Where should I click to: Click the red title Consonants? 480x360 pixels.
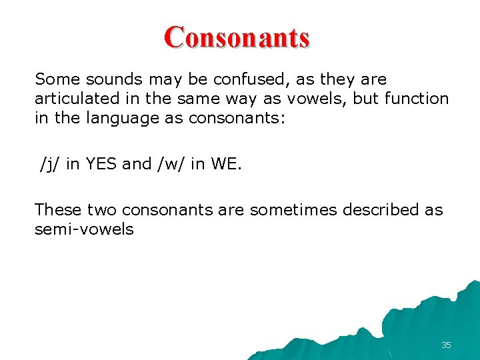(x=237, y=37)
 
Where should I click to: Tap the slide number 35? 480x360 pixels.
(x=446, y=345)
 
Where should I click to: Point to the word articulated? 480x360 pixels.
(x=71, y=99)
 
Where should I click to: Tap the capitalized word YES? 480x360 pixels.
(x=101, y=164)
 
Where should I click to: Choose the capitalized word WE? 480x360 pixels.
(x=223, y=164)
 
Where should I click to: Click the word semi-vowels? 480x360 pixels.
(x=84, y=229)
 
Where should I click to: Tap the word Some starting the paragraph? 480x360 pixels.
(x=53, y=79)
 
